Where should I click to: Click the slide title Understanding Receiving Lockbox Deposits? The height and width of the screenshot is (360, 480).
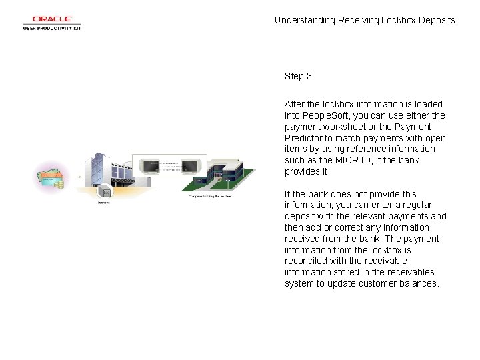365,20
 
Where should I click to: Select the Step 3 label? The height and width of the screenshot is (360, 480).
298,76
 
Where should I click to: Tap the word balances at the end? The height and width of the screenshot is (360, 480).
418,283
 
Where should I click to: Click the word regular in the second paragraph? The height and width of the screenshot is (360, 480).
415,205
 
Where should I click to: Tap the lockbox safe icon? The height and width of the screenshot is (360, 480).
105,192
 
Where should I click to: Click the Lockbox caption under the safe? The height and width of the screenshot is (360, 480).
104,201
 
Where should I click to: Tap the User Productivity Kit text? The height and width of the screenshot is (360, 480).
52,29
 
